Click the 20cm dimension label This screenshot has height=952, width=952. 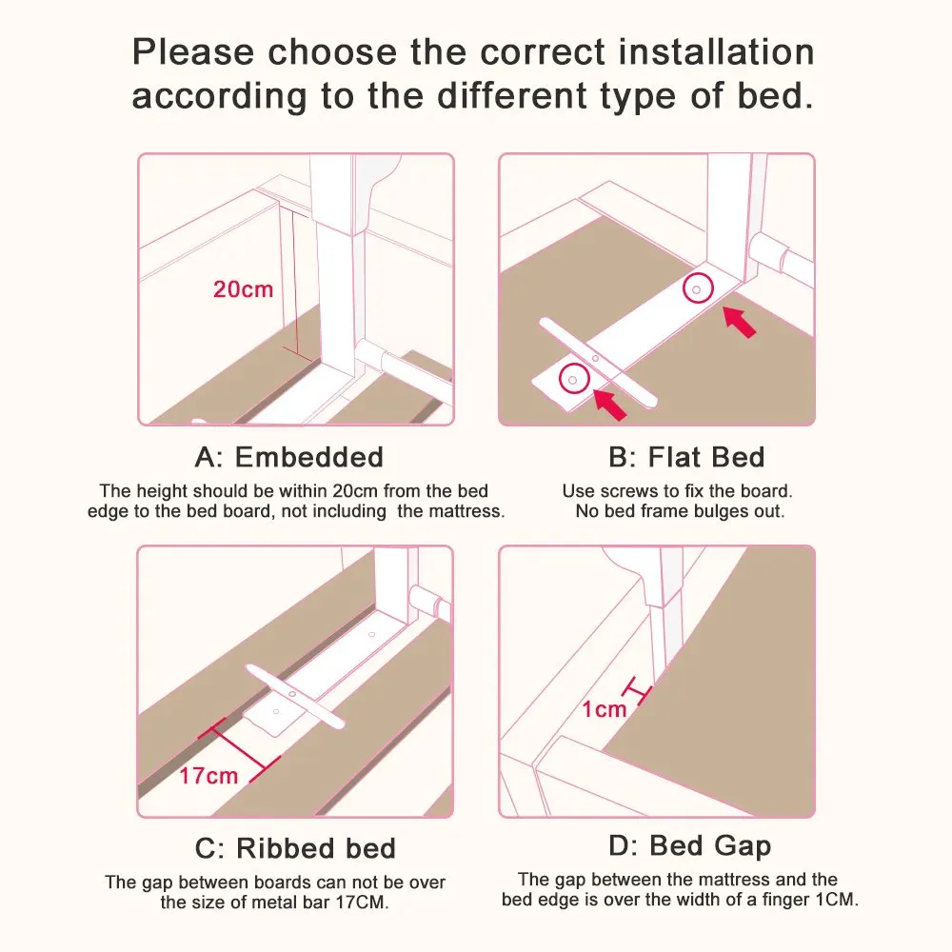(x=243, y=289)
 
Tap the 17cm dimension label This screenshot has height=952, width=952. (x=208, y=776)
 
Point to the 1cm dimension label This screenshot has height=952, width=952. (x=605, y=709)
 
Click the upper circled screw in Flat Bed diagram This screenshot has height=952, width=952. (x=698, y=289)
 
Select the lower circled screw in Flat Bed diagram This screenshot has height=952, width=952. (x=574, y=380)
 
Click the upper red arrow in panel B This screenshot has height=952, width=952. (x=740, y=322)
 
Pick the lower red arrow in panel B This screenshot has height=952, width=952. (x=610, y=405)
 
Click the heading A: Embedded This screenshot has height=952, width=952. (x=289, y=457)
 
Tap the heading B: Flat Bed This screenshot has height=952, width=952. (x=686, y=457)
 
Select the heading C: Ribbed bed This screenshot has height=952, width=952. (x=296, y=848)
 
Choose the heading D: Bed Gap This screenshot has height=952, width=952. (x=689, y=845)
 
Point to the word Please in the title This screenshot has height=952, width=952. (x=193, y=51)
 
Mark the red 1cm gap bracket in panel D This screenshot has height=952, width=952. (x=638, y=690)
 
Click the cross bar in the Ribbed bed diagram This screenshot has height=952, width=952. (x=295, y=695)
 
